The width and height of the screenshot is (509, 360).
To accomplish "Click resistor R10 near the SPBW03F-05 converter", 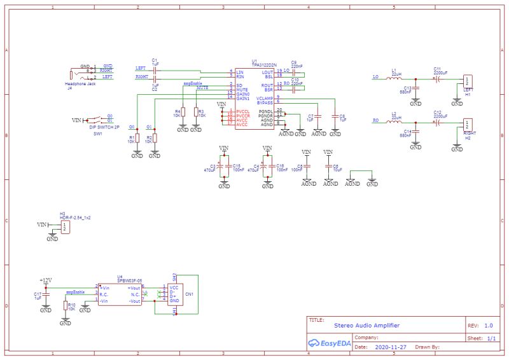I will coord(66,307).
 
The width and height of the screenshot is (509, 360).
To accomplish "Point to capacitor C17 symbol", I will coord(46,295).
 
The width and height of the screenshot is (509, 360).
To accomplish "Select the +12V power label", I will coord(46,280).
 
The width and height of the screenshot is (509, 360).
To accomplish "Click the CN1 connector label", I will coord(189,294).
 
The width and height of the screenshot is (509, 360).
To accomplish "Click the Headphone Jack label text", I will coord(80,83).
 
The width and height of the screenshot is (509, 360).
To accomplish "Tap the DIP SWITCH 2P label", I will coord(104,128).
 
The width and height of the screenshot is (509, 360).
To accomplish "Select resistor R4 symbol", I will coord(183,113).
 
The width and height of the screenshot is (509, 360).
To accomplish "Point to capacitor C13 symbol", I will coord(415,89).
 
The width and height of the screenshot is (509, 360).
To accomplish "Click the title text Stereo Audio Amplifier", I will coord(367,325).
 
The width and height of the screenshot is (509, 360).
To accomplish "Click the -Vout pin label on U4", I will coord(133,301).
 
